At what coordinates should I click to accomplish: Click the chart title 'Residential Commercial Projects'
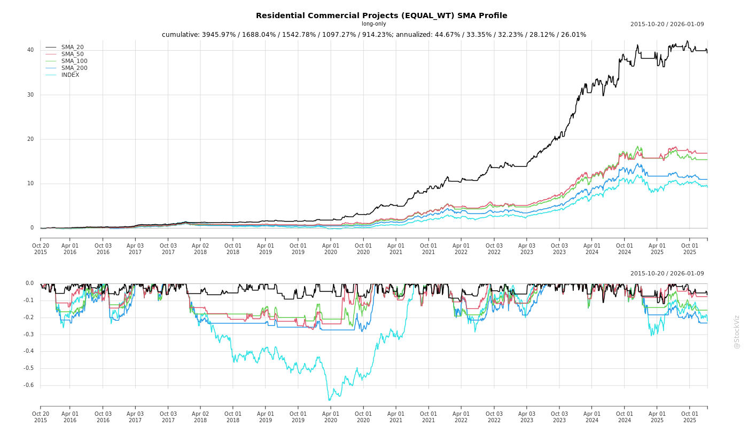point(381,15)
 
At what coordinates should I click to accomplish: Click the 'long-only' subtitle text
point(373,24)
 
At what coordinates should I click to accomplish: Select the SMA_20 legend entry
point(72,48)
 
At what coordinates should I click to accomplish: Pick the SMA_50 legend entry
point(72,54)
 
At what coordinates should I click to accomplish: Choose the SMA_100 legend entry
point(74,61)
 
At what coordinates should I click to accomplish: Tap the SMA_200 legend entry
point(74,68)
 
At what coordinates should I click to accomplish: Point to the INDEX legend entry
point(70,75)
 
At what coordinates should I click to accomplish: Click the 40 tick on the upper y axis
point(30,50)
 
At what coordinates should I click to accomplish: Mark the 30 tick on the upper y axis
point(30,95)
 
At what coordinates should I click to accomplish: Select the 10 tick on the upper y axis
point(30,184)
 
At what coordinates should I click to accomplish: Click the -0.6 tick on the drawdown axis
point(29,385)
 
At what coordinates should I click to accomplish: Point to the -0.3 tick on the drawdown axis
point(29,335)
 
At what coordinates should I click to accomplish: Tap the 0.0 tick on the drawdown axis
point(30,283)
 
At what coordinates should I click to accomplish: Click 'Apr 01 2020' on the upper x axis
point(331,249)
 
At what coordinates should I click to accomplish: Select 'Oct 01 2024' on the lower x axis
point(625,417)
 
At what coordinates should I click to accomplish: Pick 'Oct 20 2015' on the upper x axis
point(41,249)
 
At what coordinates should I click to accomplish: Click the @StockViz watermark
point(737,331)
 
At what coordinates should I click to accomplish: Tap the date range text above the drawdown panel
point(667,274)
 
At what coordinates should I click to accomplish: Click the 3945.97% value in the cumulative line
point(217,35)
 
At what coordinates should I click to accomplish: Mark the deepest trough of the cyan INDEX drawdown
point(329,400)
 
